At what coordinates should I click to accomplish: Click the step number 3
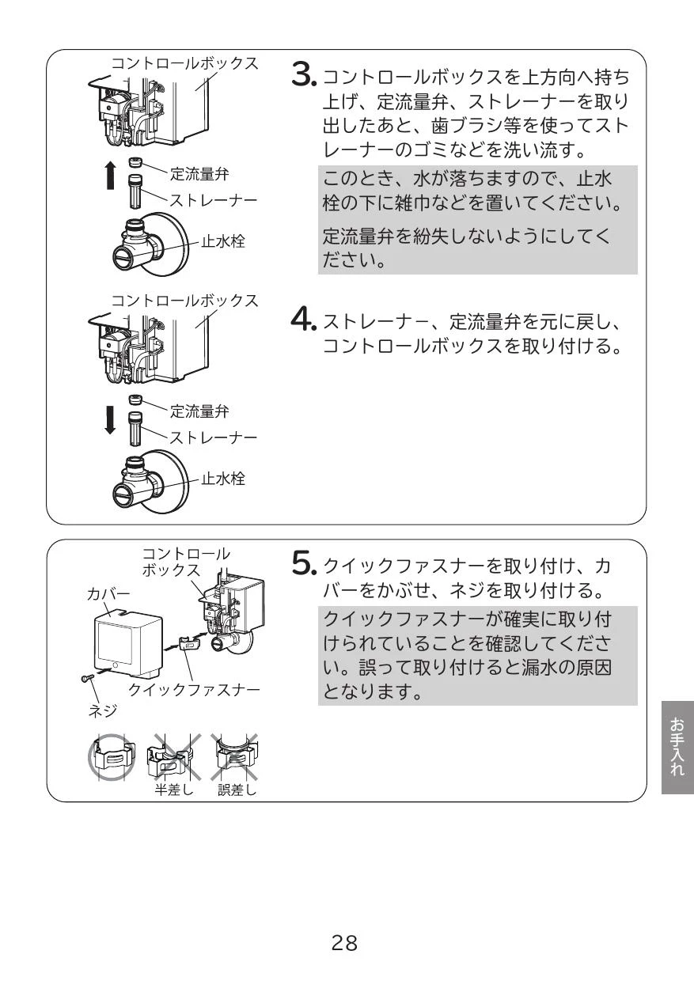(302, 74)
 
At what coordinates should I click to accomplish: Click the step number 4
(302, 320)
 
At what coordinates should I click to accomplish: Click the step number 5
(303, 564)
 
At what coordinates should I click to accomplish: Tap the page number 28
(344, 943)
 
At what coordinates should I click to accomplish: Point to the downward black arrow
(110, 419)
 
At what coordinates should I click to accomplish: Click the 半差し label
(173, 790)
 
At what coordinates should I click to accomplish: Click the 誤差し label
(237, 790)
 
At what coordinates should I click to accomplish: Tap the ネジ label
(103, 710)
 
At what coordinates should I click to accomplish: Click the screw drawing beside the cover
(87, 678)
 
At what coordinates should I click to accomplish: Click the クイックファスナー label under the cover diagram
(194, 690)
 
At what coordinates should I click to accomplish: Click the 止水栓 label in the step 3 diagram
(223, 241)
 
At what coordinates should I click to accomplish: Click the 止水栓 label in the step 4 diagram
(223, 479)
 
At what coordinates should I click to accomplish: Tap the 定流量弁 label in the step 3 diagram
(199, 174)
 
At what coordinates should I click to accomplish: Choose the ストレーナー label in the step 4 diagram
(214, 437)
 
